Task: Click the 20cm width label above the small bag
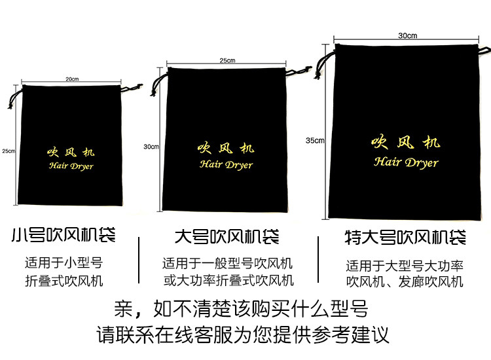pos(72,79)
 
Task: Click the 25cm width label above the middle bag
pos(227,60)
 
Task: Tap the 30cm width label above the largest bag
pos(407,35)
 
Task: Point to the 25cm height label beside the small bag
pos(8,151)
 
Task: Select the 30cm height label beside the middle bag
pos(151,147)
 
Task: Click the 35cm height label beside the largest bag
pos(315,140)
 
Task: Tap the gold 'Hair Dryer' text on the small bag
pos(71,166)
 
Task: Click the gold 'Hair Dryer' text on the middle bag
pos(226,165)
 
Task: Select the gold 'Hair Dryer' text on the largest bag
pos(406,162)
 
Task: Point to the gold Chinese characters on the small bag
pos(71,152)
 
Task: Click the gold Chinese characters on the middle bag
pos(226,149)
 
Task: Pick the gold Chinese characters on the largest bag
pos(406,143)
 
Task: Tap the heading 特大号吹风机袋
pos(405,237)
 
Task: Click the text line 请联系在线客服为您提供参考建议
pos(243,334)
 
